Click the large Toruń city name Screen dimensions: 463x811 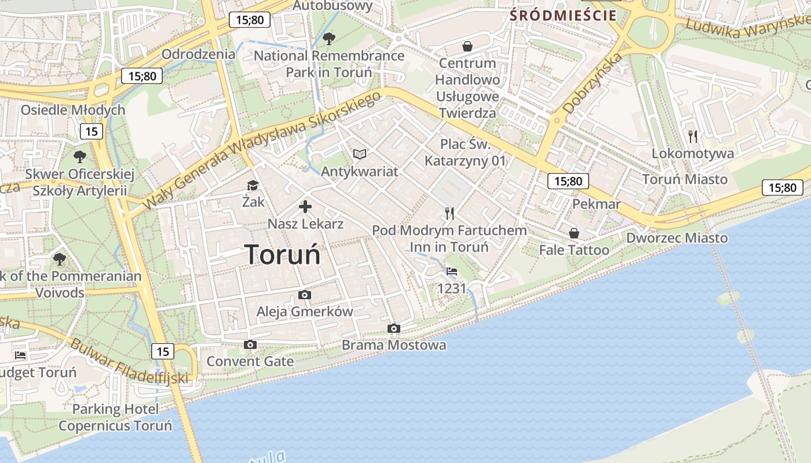tap(283, 255)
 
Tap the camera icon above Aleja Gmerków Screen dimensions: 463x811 tap(304, 295)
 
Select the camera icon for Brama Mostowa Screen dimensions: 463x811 tap(394, 329)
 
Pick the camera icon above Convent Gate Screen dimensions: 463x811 tap(250, 345)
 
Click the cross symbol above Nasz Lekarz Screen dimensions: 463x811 tap(305, 207)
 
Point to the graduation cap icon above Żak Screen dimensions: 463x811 tap(253, 185)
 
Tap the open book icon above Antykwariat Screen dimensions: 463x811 tap(360, 154)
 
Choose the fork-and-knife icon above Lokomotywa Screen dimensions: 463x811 tap(693, 137)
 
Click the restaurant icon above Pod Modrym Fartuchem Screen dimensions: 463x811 tap(450, 214)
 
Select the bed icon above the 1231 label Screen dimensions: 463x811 tap(452, 271)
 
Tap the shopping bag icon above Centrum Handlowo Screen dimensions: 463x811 tap(467, 46)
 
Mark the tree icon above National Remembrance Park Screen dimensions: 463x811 tap(329, 39)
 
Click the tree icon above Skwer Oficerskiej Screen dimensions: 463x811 tap(80, 156)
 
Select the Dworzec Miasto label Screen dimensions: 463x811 tap(677, 238)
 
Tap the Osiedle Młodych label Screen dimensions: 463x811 tap(73, 110)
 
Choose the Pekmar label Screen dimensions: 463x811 tap(597, 204)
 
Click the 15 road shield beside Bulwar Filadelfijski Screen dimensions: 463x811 tap(163, 351)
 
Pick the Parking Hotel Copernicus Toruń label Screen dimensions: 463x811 tap(115, 418)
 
